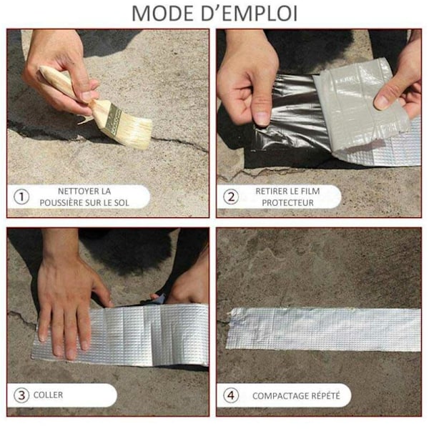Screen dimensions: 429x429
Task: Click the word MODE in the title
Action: point(163,13)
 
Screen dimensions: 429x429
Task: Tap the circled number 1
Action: point(21,197)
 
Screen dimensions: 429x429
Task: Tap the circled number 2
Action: point(231,197)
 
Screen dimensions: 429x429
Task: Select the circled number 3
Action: point(21,395)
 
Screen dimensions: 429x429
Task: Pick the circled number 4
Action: point(231,395)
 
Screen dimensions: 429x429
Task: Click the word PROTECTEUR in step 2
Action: point(287,203)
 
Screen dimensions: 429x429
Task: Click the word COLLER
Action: point(48,395)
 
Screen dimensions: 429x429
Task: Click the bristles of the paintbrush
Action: point(134,132)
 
